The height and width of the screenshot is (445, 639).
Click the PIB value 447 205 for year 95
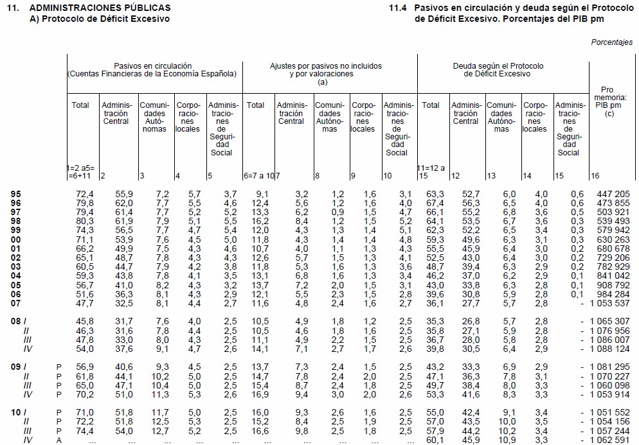[x=614, y=194]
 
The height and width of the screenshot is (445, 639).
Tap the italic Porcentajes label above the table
[x=611, y=42]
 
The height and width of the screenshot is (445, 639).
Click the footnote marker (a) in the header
[x=323, y=82]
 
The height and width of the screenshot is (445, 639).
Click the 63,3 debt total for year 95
[x=436, y=194]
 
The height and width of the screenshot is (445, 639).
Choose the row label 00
[x=17, y=239]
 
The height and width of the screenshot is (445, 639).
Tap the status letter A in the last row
[x=59, y=440]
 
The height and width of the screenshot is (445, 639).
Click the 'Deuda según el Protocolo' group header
[x=498, y=70]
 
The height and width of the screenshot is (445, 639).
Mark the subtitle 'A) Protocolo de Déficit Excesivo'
[x=100, y=19]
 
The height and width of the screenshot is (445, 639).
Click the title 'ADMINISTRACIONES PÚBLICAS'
[x=100, y=8]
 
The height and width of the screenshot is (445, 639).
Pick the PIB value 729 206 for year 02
[x=614, y=257]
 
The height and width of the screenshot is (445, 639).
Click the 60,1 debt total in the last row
[x=436, y=440]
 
